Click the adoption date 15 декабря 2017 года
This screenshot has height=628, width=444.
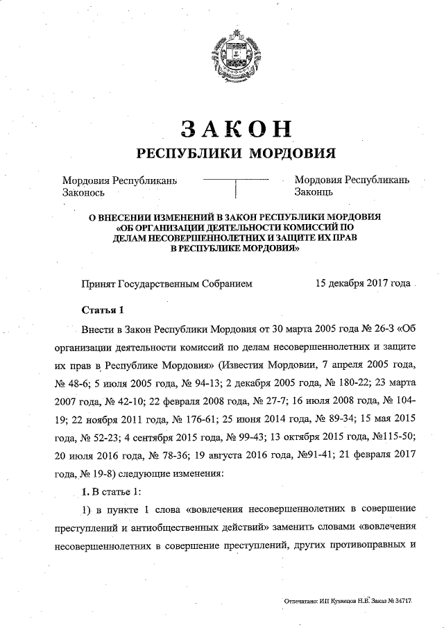pos(362,284)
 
